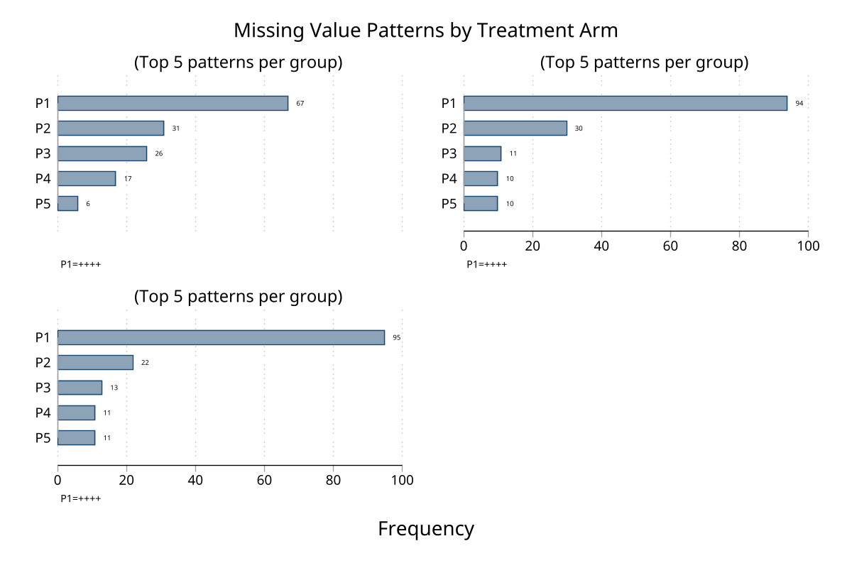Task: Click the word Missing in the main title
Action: (x=266, y=31)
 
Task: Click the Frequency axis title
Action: (x=426, y=529)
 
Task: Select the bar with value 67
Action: (x=173, y=103)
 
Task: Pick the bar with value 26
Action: (x=102, y=153)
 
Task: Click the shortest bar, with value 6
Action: (x=67, y=203)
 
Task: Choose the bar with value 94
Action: (x=626, y=103)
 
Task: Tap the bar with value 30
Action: (x=515, y=128)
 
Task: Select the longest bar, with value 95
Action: (x=221, y=337)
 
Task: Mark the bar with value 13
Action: (x=80, y=387)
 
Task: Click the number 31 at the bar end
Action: (x=175, y=129)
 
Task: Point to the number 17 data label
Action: (x=128, y=179)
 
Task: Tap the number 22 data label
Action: (x=145, y=363)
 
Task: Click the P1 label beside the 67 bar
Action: (x=43, y=103)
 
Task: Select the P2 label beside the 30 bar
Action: (x=449, y=128)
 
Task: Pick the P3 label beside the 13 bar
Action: (x=43, y=387)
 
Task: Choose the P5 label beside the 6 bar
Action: (x=43, y=203)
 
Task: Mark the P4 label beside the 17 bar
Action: (x=43, y=178)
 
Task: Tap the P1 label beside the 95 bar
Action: (x=43, y=337)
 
